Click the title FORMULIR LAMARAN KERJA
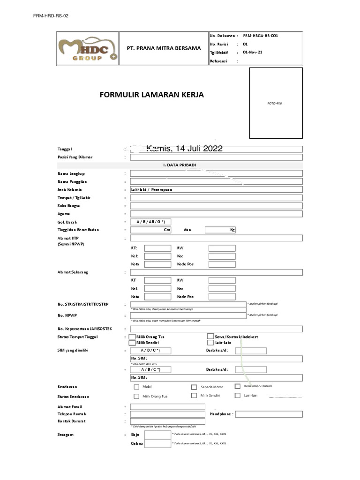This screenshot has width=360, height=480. click(152, 95)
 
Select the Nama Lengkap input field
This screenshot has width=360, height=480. click(216, 173)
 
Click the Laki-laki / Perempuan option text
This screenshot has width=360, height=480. click(152, 190)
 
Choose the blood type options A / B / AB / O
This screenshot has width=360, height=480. click(150, 222)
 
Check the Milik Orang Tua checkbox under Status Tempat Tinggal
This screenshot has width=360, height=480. click(133, 337)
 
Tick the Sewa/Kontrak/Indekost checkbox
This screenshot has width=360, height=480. click(210, 336)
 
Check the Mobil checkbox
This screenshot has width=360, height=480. click(137, 387)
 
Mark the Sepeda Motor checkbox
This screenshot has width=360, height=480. click(194, 387)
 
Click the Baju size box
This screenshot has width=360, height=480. click(157, 435)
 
